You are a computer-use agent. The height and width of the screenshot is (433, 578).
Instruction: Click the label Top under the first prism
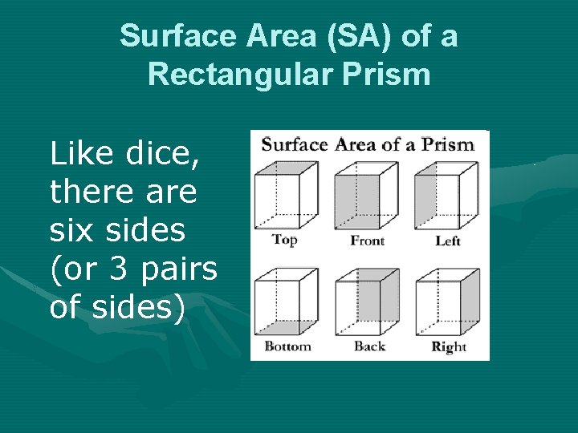click(x=284, y=239)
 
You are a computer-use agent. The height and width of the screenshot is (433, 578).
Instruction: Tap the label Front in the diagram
click(x=368, y=241)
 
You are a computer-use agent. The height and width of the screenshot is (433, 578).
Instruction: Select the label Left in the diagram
click(x=447, y=241)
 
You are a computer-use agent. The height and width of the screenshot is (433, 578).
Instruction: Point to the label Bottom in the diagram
click(x=287, y=346)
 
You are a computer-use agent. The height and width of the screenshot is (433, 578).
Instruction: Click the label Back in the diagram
click(x=369, y=346)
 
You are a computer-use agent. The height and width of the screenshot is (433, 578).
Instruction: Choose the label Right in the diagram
click(x=449, y=347)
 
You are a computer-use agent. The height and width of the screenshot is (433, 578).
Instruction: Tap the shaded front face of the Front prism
click(x=357, y=201)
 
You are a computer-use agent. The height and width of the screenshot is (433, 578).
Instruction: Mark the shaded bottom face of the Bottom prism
click(x=283, y=327)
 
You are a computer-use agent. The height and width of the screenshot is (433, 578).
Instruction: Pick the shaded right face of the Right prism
click(x=470, y=301)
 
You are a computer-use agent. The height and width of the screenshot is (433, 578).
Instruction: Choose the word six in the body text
click(x=70, y=231)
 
